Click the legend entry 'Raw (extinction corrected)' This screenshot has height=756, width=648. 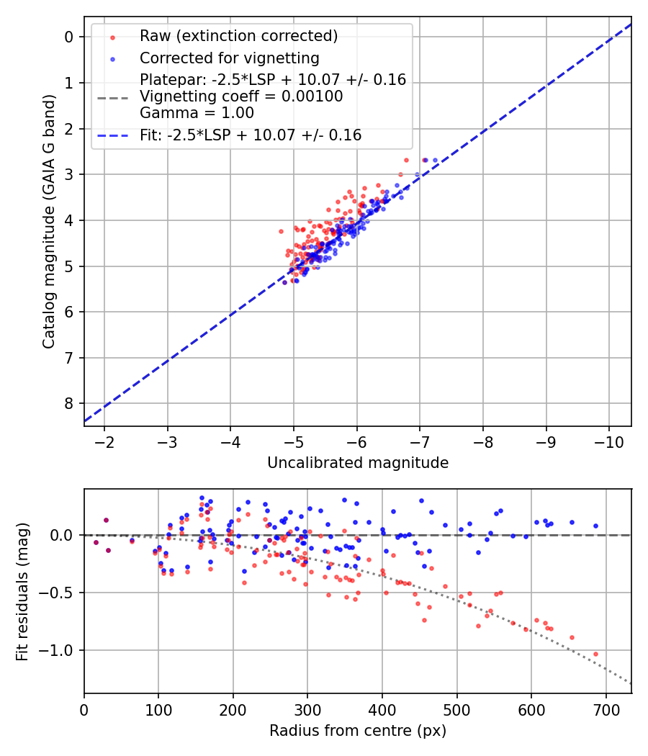tap(238, 36)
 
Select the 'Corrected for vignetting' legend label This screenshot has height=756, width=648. tap(230, 58)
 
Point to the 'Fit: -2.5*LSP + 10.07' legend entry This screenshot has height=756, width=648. tap(251, 135)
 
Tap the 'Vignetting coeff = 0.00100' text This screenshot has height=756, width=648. tap(241, 96)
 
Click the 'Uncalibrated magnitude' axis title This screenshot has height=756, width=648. tap(358, 463)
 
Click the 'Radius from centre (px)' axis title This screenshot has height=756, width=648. tap(358, 731)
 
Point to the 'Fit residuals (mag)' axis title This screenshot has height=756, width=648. tap(22, 591)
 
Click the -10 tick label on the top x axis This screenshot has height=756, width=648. tap(608, 440)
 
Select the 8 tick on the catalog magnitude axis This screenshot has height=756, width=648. tap(69, 403)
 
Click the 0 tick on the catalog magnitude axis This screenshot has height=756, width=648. tap(69, 37)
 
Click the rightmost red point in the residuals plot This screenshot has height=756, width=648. tap(595, 654)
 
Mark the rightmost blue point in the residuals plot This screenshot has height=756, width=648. tap(595, 526)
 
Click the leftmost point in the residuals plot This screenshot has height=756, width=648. tap(96, 542)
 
